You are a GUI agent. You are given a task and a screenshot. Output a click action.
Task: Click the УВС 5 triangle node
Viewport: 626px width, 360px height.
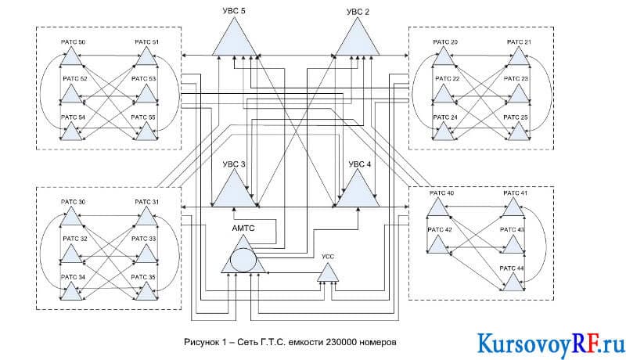click(234, 40)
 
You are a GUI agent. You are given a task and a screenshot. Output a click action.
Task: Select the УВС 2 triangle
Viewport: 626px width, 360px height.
click(358, 40)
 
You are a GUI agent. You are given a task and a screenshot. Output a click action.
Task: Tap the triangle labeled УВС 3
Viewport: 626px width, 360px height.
click(234, 192)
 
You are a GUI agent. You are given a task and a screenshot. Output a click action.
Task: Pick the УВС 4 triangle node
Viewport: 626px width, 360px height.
click(358, 192)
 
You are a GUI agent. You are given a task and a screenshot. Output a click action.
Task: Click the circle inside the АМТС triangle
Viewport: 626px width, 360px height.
click(243, 261)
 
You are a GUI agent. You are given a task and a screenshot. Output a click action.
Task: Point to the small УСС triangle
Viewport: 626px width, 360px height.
click(328, 274)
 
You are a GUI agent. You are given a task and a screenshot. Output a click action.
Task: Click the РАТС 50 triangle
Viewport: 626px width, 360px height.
click(71, 58)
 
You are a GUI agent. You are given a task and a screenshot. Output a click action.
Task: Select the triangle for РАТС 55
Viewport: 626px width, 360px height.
click(146, 133)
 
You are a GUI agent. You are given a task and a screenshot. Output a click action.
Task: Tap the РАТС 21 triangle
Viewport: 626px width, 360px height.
click(519, 58)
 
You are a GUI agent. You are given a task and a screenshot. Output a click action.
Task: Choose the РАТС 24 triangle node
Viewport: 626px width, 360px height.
click(444, 133)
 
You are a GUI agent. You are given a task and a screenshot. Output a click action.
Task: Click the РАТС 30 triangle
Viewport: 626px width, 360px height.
click(71, 218)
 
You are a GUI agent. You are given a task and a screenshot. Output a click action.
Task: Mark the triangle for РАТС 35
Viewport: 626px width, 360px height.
click(146, 293)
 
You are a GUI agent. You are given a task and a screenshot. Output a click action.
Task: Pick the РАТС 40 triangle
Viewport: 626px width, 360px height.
click(438, 209)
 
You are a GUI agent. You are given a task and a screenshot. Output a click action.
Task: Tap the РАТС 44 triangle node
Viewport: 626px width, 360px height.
click(513, 284)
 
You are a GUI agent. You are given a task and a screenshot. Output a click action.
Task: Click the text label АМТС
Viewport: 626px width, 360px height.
click(243, 229)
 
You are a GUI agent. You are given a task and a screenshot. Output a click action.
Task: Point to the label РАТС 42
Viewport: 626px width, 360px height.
click(440, 229)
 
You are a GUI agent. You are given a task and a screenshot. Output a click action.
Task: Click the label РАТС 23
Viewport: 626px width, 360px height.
click(516, 78)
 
